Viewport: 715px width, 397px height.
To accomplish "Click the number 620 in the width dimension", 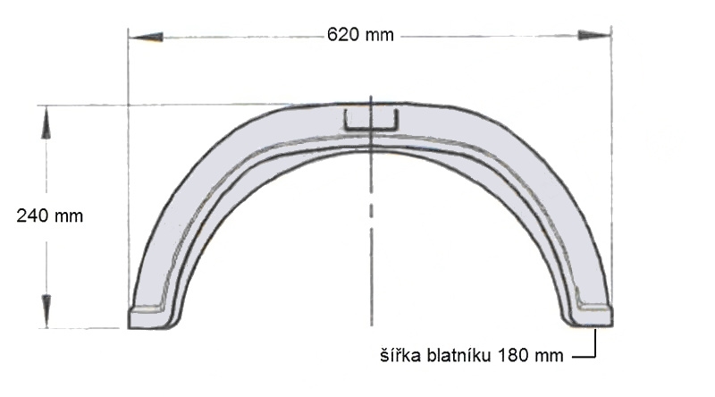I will (342, 36).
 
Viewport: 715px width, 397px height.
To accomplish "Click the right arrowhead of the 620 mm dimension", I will (594, 36).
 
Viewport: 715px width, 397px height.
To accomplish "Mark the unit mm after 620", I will (378, 36).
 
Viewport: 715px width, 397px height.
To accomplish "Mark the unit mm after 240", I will (69, 215).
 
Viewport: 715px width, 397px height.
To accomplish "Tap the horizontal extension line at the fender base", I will (85, 328).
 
